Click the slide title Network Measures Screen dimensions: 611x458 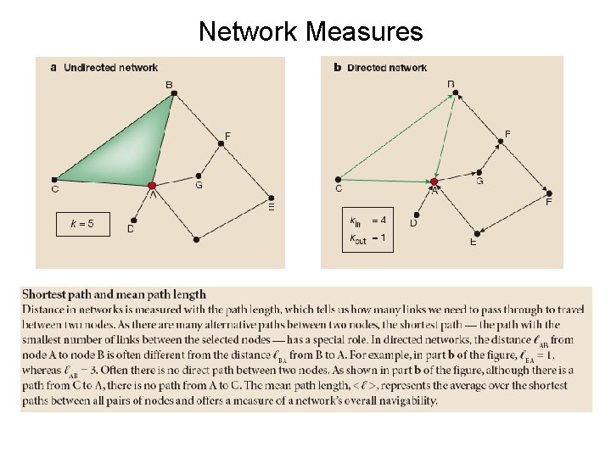pos(310,31)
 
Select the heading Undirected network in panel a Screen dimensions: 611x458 pos(110,67)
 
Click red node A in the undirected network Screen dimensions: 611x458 pos(152,185)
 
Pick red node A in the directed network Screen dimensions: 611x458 pos(434,182)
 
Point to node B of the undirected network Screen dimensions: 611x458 pos(173,94)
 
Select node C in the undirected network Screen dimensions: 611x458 pos(55,179)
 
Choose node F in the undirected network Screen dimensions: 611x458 pos(221,143)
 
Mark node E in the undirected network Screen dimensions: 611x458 pos(270,194)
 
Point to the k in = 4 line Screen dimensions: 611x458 pos(369,221)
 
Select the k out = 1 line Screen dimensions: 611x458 pos(369,239)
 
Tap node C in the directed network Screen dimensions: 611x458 pos(339,179)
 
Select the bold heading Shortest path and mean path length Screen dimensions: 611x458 pos(114,294)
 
